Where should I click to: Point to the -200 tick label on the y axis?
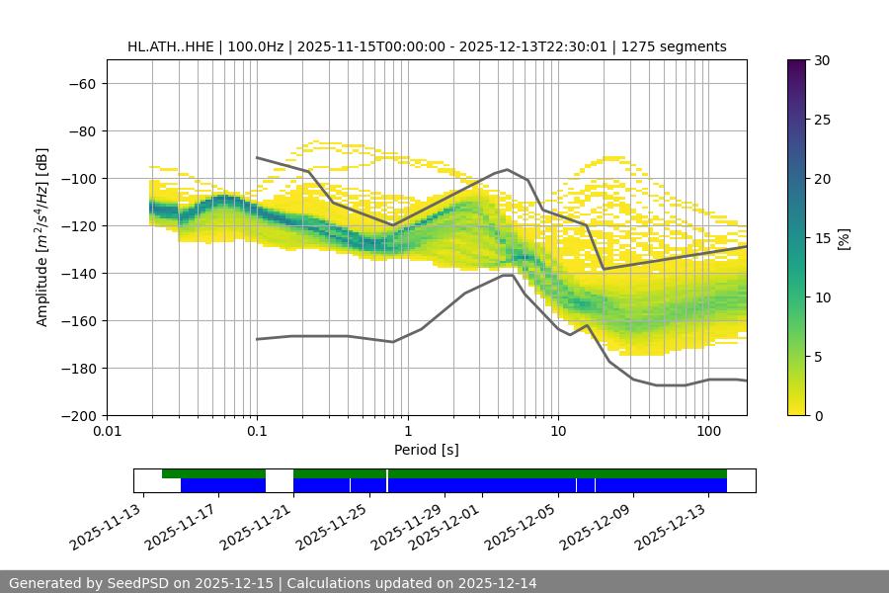click(x=79, y=415)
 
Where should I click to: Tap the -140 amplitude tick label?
click(x=79, y=273)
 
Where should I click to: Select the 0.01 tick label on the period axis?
click(x=107, y=432)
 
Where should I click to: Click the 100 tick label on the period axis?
click(x=708, y=432)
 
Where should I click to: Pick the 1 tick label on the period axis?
click(x=407, y=432)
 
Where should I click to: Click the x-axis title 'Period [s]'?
click(x=426, y=450)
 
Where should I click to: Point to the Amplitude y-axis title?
click(x=41, y=237)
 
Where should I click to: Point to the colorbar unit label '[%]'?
click(x=844, y=238)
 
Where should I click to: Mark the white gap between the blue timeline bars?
click(x=280, y=485)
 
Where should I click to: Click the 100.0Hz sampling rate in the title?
click(x=260, y=46)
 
